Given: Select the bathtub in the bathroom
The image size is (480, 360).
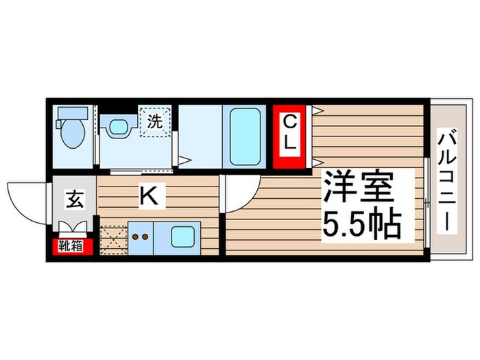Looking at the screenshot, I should (x=244, y=136).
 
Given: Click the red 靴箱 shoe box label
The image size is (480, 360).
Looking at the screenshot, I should (x=71, y=245).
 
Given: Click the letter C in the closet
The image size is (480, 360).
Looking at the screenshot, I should (x=291, y=123).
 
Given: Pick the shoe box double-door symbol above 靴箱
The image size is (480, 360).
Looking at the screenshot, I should (x=73, y=229).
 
